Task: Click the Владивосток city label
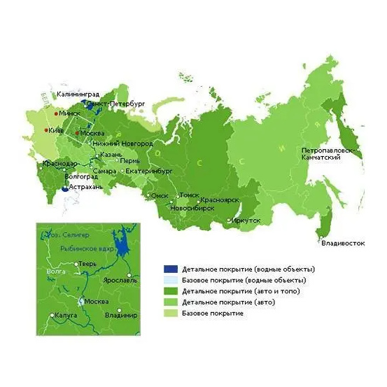point(343,244)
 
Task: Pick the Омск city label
point(159,195)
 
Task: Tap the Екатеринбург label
point(148,170)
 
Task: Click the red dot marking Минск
point(56,112)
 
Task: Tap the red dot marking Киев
point(46,130)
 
